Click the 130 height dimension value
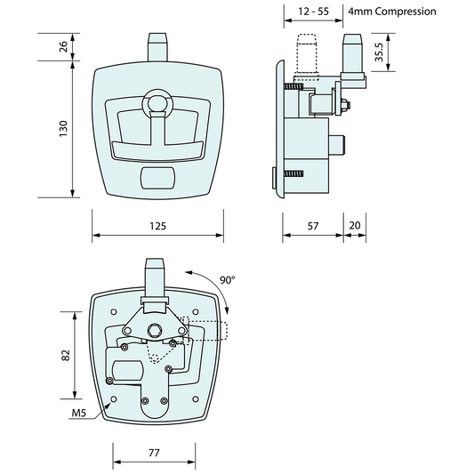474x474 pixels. coord(63,129)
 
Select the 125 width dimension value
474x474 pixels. coord(157,226)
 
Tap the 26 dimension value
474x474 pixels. coord(63,47)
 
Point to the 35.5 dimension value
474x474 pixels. coord(379,52)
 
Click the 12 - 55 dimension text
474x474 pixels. coord(313,12)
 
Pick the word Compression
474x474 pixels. coord(406,12)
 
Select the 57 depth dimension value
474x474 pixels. coord(313,226)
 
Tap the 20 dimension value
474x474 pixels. coord(355,226)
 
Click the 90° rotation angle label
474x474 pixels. coord(228,280)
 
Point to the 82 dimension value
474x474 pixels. coord(66,355)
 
